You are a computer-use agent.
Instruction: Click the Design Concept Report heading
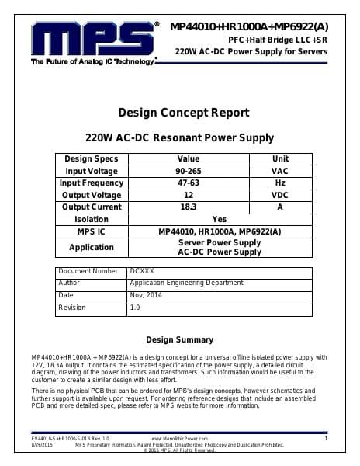pos(183,113)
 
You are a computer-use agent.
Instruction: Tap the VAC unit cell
pos(279,171)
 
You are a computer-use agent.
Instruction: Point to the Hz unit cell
pos(279,183)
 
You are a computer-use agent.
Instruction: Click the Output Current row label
pos(92,207)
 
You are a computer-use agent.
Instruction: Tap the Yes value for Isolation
pos(220,219)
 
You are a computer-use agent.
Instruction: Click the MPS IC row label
pos(92,231)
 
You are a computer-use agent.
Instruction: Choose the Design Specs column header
pos(92,158)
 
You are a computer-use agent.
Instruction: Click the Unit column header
pos(279,158)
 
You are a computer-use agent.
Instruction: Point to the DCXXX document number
pos(142,272)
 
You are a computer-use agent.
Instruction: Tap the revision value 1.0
pos(135,308)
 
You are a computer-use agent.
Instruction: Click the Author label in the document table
pos(69,283)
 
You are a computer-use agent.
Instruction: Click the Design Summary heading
pos(179,340)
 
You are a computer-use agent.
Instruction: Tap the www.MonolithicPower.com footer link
pos(179,439)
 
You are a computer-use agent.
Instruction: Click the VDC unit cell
pos(279,196)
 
